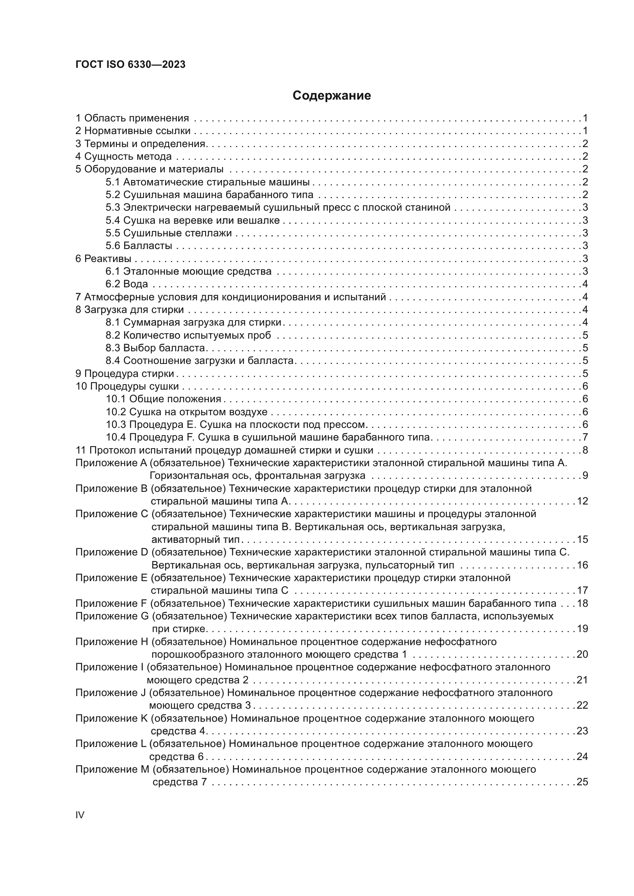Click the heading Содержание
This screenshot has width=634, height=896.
point(332,96)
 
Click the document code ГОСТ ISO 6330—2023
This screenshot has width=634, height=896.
point(130,65)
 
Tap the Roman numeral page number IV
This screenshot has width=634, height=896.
point(80,815)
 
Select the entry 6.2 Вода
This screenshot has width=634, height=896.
point(126,284)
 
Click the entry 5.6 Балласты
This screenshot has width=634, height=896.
point(139,246)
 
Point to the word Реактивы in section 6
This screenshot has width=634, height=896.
point(107,259)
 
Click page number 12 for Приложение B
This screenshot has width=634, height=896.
point(582,501)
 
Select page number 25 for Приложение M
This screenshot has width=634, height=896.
point(582,782)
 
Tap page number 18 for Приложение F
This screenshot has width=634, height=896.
point(582,603)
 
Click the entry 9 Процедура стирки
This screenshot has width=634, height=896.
point(125,373)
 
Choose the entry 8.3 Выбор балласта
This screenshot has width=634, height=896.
point(155,348)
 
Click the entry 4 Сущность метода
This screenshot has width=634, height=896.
point(123,157)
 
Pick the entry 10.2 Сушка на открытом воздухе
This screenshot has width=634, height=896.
point(186,412)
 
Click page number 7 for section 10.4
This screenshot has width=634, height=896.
point(585,437)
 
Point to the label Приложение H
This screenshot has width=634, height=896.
point(112,642)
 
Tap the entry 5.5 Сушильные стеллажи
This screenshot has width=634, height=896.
point(168,233)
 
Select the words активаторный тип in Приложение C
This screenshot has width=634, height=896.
point(195,540)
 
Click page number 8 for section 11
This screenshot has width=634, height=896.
point(585,450)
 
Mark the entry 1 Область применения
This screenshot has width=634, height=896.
point(132,118)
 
